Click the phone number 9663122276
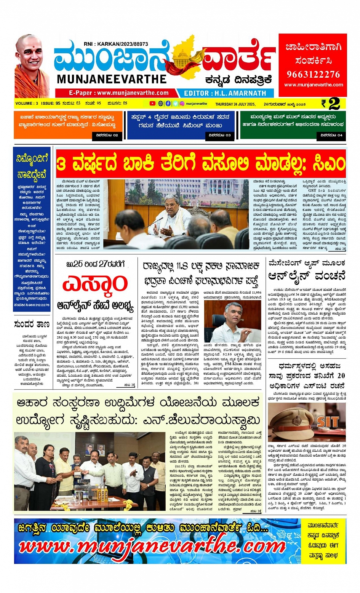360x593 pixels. pyautogui.click(x=313, y=74)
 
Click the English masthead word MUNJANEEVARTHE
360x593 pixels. pyautogui.click(x=112, y=79)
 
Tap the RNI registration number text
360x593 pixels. pyautogui.click(x=116, y=44)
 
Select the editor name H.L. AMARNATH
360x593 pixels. pyautogui.click(x=225, y=93)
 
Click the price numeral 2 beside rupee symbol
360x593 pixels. pyautogui.click(x=334, y=104)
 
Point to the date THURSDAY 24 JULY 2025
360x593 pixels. pyautogui.click(x=235, y=104)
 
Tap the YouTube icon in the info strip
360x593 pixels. pyautogui.click(x=152, y=104)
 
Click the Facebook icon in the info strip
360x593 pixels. pyautogui.click(x=168, y=104)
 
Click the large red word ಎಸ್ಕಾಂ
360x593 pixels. pyautogui.click(x=95, y=284)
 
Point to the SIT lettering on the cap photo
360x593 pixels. pyautogui.click(x=327, y=422)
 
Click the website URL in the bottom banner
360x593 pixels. pyautogui.click(x=152, y=547)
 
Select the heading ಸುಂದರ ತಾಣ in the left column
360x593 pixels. pyautogui.click(x=32, y=324)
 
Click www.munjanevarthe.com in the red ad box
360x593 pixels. pyautogui.click(x=313, y=85)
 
